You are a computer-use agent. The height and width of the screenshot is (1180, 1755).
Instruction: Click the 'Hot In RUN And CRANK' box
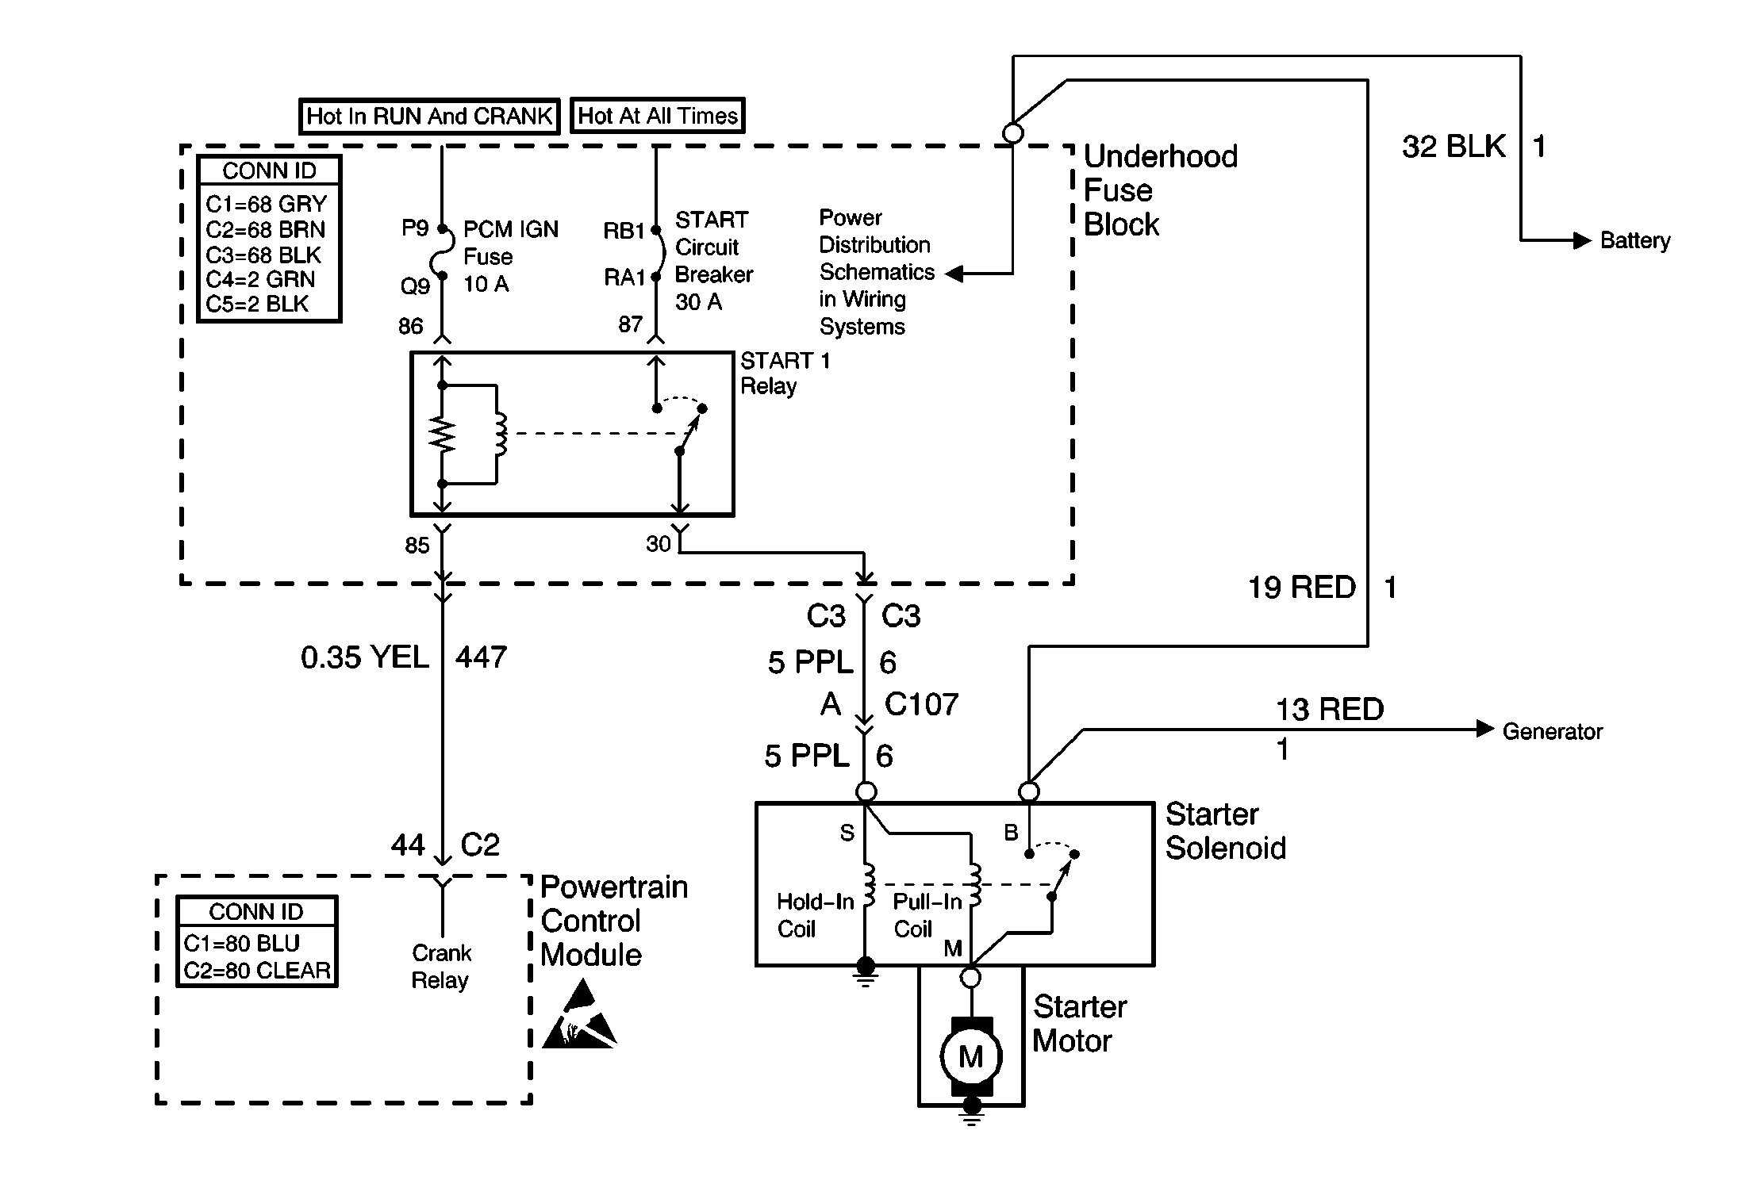point(429,117)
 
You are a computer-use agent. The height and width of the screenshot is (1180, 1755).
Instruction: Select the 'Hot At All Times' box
point(657,116)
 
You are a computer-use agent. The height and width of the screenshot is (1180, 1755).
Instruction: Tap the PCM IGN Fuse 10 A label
point(510,256)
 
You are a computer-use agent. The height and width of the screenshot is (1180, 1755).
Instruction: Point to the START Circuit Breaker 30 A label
point(713,260)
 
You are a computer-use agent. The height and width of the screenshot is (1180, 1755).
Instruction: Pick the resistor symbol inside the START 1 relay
point(443,435)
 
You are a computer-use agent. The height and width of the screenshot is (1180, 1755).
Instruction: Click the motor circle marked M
point(971,1056)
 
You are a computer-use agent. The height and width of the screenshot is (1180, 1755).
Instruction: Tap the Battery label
point(1634,240)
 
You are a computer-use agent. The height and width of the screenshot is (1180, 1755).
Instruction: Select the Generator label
point(1552,731)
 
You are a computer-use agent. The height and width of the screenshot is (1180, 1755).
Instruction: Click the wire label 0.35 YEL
point(364,657)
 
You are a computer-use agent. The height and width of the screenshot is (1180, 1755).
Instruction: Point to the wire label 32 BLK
point(1453,147)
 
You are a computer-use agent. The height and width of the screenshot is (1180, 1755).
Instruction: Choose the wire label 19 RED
point(1301,588)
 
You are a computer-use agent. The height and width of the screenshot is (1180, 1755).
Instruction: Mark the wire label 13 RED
point(1329,709)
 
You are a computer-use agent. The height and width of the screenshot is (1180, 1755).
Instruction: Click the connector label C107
point(921,704)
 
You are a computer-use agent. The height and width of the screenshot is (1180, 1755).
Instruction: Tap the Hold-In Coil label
point(814,915)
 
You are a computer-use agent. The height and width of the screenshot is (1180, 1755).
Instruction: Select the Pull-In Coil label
point(926,915)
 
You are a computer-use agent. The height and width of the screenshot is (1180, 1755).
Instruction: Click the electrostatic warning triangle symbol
point(579,1016)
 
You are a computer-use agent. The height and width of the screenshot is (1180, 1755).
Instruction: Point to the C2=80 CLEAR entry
point(257,971)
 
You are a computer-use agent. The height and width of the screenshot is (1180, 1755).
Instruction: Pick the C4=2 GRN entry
point(260,279)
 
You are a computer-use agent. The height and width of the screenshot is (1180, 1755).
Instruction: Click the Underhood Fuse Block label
point(1159,190)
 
